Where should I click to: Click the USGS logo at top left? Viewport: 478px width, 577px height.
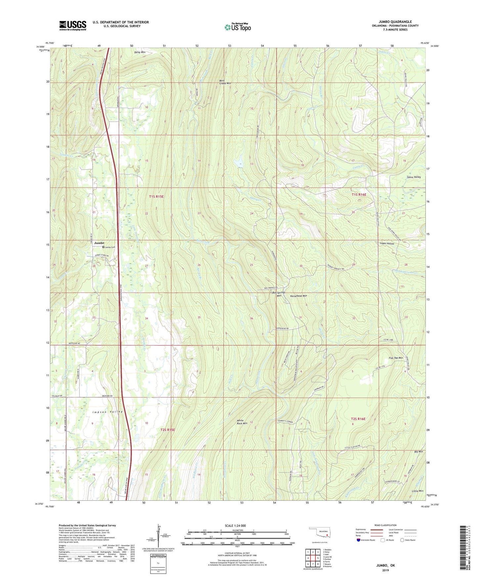coord(73,25)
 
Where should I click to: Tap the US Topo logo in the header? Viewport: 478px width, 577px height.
coord(238,27)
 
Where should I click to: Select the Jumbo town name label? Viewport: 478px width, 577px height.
coord(99,243)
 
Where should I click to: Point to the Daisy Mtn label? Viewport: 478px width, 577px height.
coord(140,52)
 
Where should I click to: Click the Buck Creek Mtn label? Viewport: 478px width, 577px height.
coord(225,82)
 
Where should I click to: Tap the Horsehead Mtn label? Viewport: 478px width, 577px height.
coord(299,296)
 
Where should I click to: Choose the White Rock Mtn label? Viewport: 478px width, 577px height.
coord(242,422)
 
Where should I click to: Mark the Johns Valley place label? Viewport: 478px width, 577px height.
coord(413,177)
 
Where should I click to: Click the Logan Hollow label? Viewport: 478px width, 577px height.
coord(387,244)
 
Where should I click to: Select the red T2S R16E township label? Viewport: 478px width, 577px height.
coord(359,419)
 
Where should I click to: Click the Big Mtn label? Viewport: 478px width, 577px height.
coord(418,451)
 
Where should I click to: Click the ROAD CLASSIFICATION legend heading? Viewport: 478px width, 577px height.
coord(385,525)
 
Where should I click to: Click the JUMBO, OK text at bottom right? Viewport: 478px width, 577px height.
coord(385,565)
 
